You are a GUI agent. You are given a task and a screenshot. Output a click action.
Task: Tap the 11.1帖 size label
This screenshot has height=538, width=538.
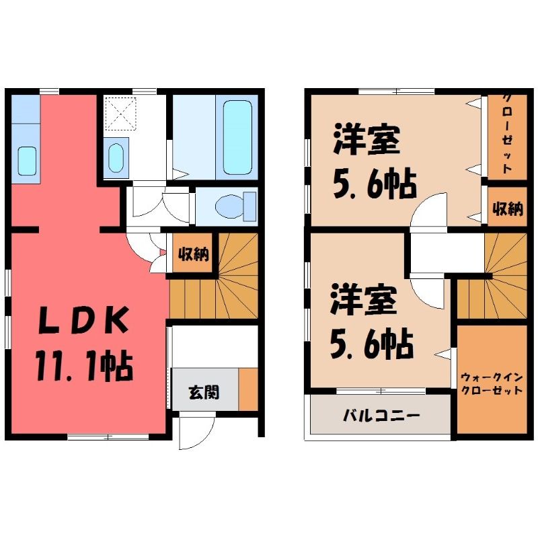pyautogui.click(x=85, y=366)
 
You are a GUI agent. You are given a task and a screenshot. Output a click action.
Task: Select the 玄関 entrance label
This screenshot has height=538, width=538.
pyautogui.click(x=204, y=392)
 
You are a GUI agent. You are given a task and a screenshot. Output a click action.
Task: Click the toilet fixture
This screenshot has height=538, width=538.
pyautogui.click(x=236, y=206)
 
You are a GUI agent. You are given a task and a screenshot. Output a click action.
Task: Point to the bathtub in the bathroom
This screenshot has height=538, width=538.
pyautogui.click(x=237, y=137)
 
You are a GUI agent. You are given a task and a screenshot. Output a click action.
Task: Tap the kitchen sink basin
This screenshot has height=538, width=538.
pyautogui.click(x=27, y=161)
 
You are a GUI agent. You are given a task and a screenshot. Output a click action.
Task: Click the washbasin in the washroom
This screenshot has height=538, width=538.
pyautogui.click(x=116, y=158)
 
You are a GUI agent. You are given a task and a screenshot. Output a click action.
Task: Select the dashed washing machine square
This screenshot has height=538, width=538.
pyautogui.click(x=121, y=114)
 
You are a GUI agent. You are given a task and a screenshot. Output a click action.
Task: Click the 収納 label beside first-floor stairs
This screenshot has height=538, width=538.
pyautogui.click(x=194, y=254)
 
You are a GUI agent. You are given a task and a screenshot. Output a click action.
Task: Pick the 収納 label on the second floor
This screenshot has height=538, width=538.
pyautogui.click(x=508, y=208)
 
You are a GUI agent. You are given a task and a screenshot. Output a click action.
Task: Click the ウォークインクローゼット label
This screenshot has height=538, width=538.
pyautogui.click(x=492, y=384)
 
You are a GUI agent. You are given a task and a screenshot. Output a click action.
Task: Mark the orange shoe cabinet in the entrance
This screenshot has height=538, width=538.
pyautogui.click(x=248, y=389)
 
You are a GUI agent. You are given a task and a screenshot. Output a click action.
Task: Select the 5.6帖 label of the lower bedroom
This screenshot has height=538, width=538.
pyautogui.click(x=372, y=344)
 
